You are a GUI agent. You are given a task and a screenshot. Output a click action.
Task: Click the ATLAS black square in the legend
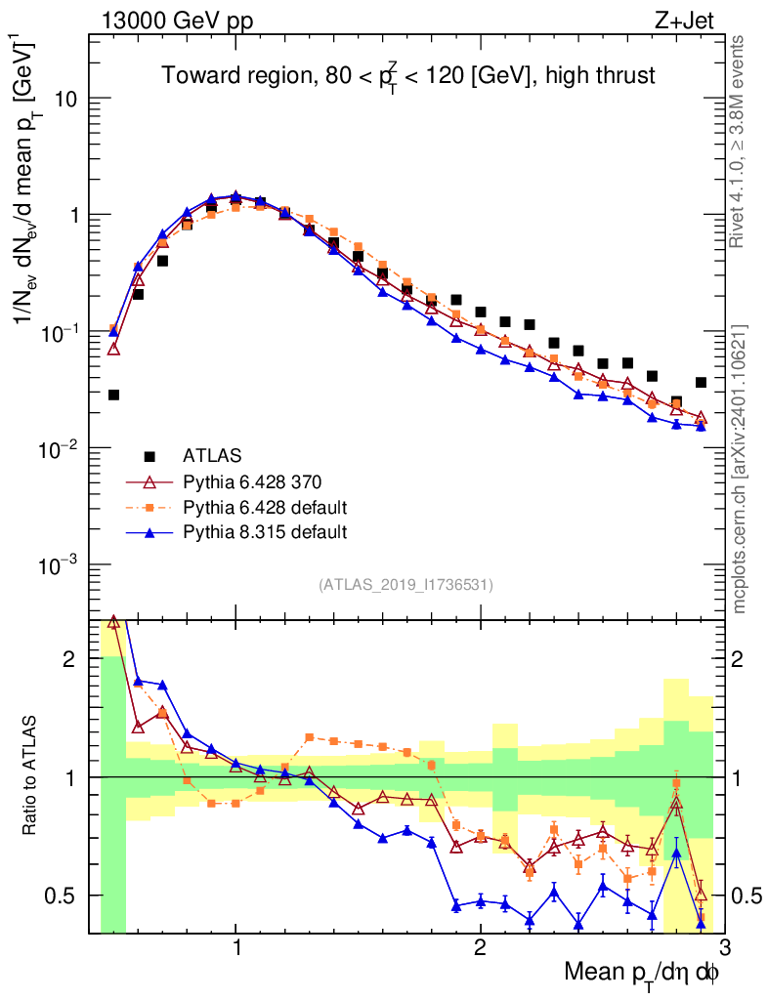point(149,455)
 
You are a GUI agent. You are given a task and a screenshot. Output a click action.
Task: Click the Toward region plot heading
point(407,75)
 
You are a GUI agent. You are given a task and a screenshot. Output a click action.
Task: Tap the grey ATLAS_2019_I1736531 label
point(405,585)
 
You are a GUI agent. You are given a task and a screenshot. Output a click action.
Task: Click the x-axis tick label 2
point(480,948)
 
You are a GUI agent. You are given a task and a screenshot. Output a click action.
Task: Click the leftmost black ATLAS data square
point(113,395)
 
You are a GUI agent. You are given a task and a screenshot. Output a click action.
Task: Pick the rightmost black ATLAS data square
point(701,382)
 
